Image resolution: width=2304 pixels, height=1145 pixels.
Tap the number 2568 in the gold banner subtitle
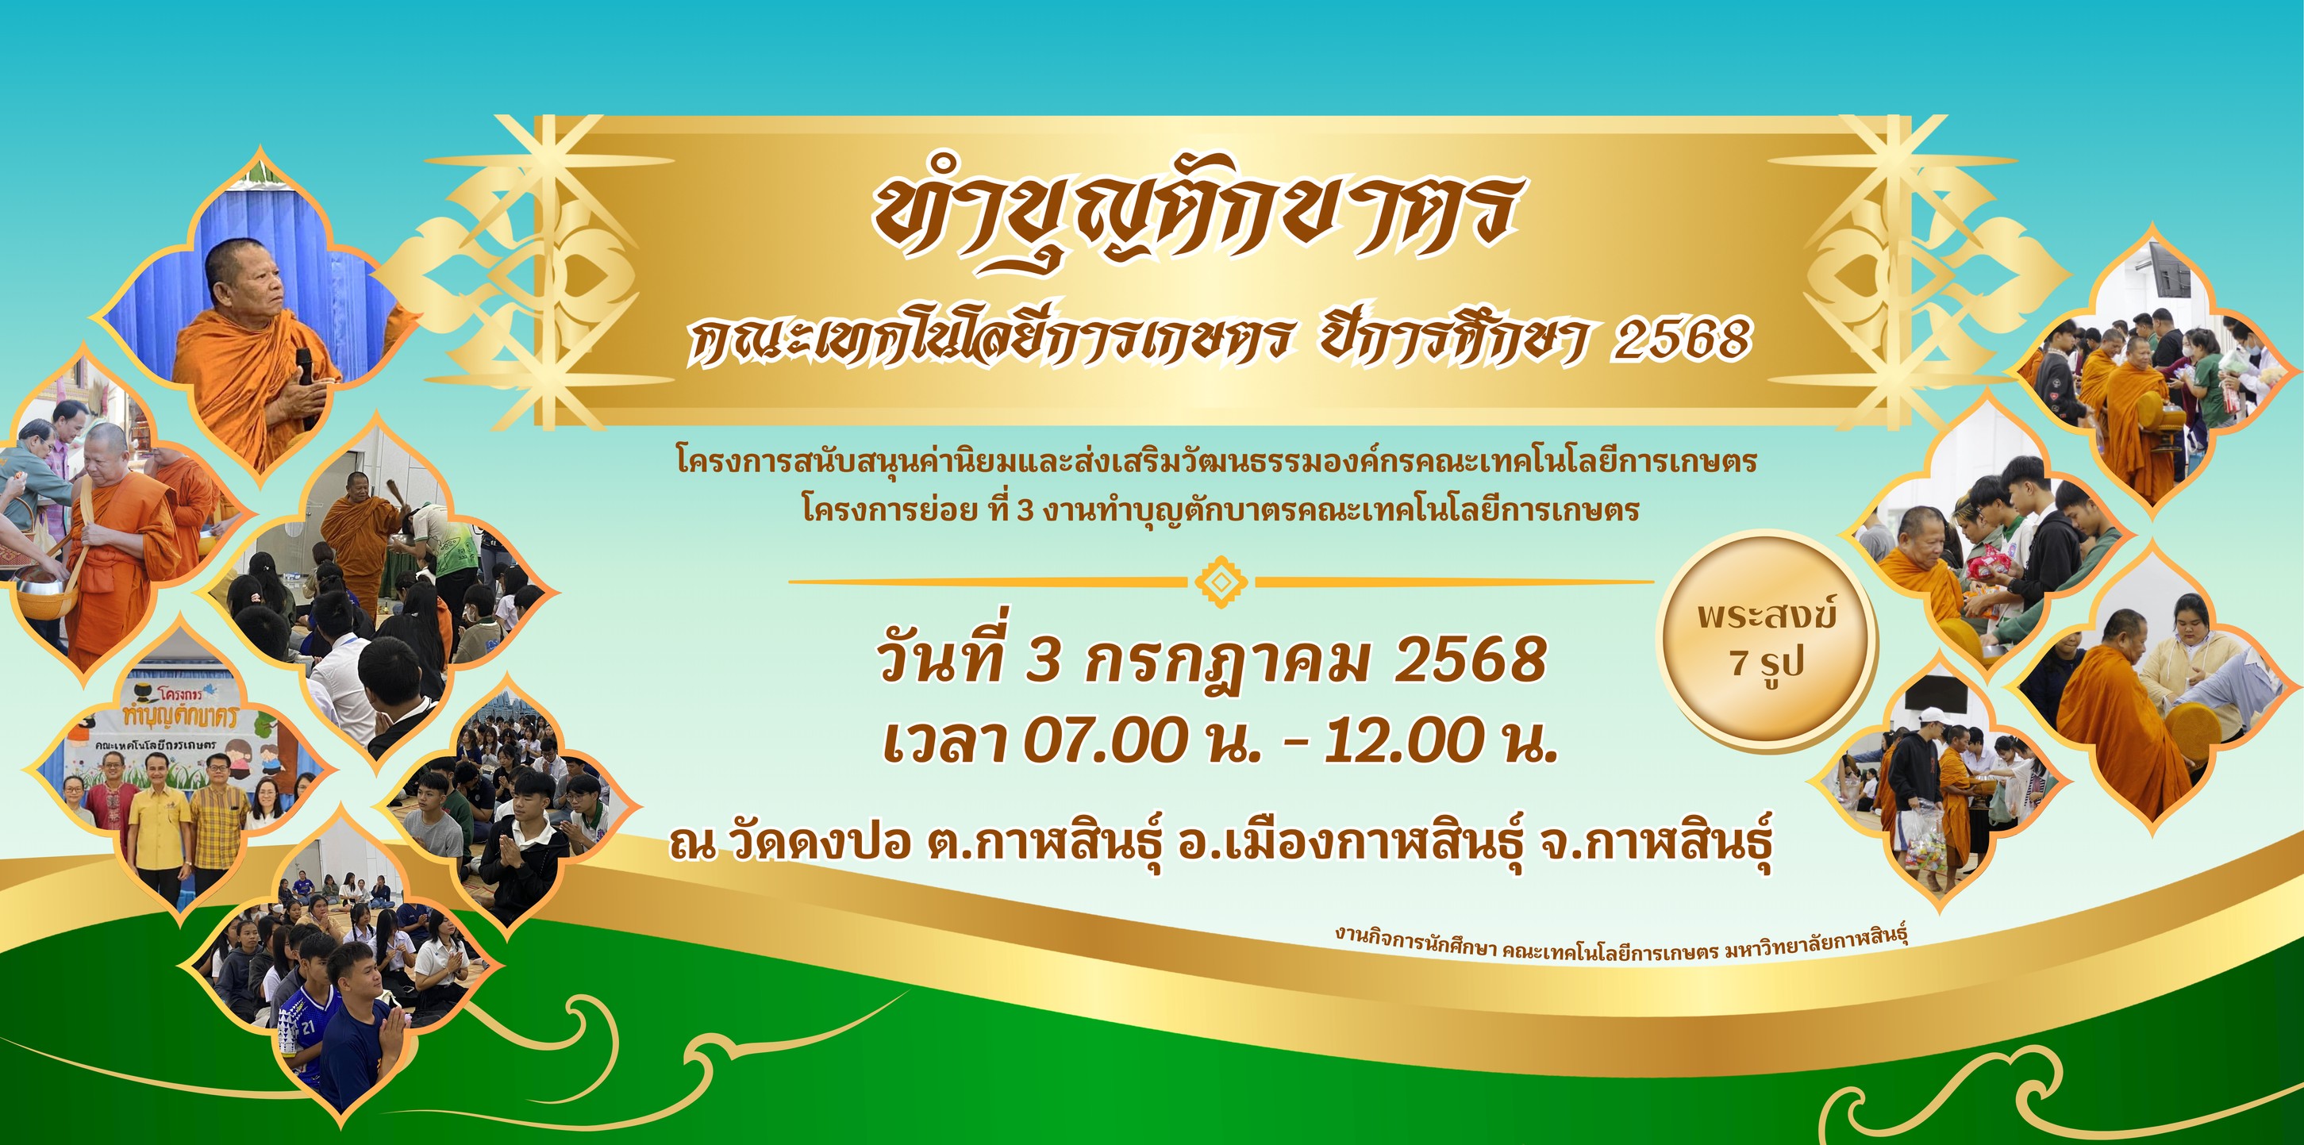click(1681, 339)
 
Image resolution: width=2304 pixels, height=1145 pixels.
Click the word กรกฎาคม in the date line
click(1225, 662)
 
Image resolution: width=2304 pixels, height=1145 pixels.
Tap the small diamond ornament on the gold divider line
click(1221, 582)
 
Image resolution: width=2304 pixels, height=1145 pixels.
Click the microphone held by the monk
click(305, 367)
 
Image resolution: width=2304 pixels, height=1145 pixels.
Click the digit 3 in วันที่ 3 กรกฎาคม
click(1042, 661)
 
